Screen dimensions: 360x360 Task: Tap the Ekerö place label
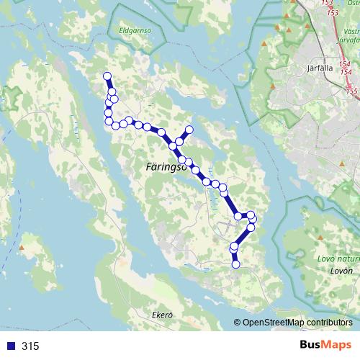click(x=163, y=315)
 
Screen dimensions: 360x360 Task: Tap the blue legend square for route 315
click(x=10, y=346)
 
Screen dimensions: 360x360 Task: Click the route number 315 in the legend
click(x=30, y=346)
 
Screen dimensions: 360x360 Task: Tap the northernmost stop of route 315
click(x=107, y=76)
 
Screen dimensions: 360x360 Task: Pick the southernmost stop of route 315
click(x=235, y=264)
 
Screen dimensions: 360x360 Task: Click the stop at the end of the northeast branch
click(x=190, y=130)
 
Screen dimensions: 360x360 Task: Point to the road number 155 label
click(x=351, y=91)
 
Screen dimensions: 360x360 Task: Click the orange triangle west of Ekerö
click(x=22, y=248)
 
